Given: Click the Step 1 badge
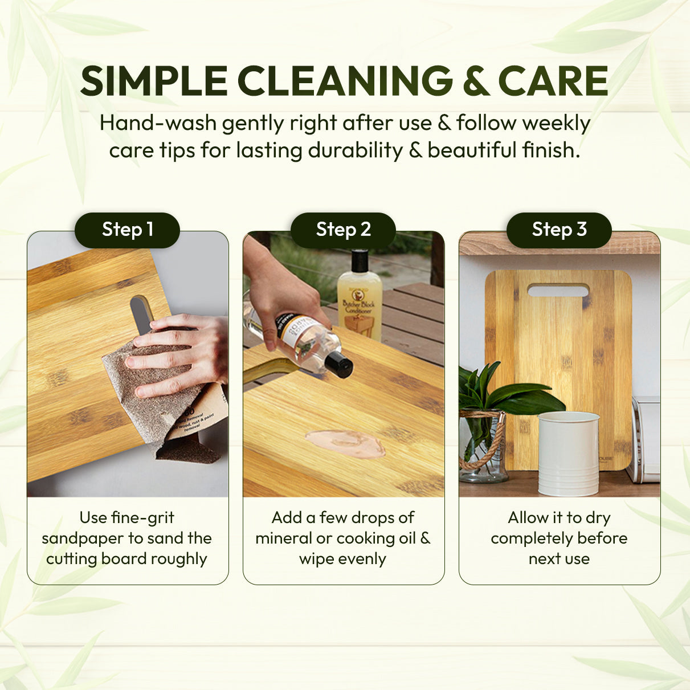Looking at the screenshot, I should [127, 230].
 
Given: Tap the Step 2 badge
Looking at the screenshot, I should [343, 230].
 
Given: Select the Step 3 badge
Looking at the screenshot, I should [559, 230].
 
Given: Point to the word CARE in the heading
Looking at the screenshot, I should [553, 81].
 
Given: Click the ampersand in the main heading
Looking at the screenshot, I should [476, 81].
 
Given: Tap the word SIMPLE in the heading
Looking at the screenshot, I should [154, 81].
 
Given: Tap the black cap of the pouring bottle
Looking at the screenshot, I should [340, 365].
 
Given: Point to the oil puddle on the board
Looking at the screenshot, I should [345, 443].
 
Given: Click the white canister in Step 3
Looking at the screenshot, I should [568, 453].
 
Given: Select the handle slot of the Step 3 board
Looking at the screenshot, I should [558, 291].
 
